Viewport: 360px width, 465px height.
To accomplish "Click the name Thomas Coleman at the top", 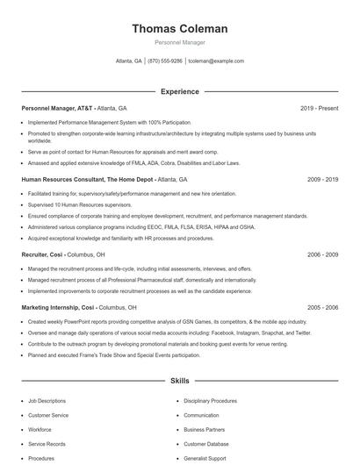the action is (x=179, y=29).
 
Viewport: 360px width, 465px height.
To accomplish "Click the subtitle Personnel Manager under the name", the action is (x=179, y=43).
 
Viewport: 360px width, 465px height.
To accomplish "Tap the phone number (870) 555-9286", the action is (x=165, y=61).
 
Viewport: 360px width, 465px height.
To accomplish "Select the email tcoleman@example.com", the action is (x=216, y=61).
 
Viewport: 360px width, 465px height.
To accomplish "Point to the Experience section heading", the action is (x=179, y=91).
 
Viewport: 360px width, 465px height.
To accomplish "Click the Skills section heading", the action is (x=179, y=383).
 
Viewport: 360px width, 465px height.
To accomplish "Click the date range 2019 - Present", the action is (x=319, y=108).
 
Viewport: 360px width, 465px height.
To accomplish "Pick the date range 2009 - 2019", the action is (x=322, y=179).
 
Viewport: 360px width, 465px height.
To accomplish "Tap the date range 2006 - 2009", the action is (x=322, y=254).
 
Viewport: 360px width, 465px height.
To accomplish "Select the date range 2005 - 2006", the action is (x=322, y=308).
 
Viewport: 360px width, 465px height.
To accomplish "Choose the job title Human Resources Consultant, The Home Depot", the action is (x=87, y=179).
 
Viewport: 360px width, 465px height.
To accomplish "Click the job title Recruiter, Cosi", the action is (x=43, y=254).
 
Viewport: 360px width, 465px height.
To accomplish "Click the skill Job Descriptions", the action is (x=47, y=401).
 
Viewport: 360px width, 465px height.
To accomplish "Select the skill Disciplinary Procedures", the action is (x=210, y=401).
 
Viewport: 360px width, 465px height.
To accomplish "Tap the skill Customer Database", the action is (x=206, y=444).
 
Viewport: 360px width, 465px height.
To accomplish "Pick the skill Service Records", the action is (x=47, y=444).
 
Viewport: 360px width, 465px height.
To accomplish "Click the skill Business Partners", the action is (x=205, y=430).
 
